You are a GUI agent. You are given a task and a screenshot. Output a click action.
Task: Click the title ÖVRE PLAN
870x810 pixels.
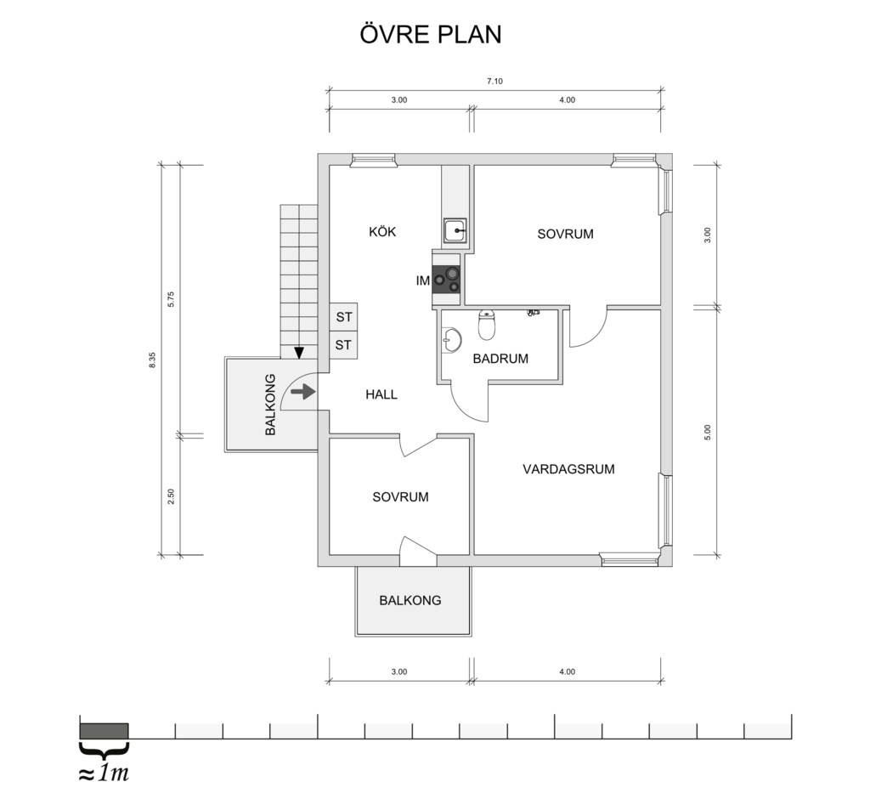coord(431,33)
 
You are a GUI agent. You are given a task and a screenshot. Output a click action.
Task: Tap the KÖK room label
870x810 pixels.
coord(382,231)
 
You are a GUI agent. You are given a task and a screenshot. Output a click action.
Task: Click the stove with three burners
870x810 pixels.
coord(447,279)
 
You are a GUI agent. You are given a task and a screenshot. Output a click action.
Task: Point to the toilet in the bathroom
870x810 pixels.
coord(487,325)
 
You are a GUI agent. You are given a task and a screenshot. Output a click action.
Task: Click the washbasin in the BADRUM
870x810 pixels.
coord(452,340)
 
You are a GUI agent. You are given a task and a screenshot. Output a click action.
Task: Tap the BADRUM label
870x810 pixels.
coord(500,359)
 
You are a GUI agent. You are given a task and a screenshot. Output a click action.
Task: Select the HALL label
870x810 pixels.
coord(381,394)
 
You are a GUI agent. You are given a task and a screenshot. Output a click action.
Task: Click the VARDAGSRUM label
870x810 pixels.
coord(568,469)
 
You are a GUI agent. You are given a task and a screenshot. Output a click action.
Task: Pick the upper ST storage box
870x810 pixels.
coord(343,317)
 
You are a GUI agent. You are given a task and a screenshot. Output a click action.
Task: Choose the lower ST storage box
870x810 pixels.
coord(343,345)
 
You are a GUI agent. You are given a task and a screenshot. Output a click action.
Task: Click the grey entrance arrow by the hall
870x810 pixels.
coord(303,393)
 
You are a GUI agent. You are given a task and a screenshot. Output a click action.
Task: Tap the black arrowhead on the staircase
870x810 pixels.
coord(300,353)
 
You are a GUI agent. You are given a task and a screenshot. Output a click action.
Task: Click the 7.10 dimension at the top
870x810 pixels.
coord(494,81)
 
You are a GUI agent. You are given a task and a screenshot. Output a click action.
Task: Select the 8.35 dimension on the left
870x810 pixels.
coord(153,360)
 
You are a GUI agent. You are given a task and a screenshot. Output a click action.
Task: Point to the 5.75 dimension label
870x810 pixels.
coord(171,300)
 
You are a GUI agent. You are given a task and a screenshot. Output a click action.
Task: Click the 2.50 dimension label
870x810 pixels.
coord(171,496)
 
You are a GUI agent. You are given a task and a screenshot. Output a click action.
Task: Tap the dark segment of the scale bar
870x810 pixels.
coord(105,731)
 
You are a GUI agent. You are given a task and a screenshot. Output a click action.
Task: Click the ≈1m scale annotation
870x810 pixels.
coord(104,773)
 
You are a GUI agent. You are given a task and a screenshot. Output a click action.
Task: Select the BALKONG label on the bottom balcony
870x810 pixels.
coord(410,600)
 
